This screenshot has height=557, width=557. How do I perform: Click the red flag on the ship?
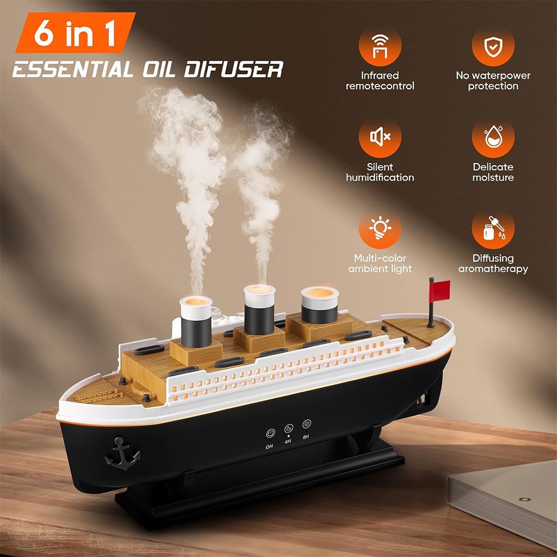coord(440,290)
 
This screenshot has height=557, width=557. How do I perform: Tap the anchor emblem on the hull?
coord(122,453)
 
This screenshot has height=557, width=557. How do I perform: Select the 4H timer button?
coord(289,428)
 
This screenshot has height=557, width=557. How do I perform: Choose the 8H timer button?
coord(307,424)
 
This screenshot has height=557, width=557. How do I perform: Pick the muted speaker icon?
coord(380,138)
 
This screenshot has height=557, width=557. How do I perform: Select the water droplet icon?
coord(493,138)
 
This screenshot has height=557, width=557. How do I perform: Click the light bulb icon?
coord(380,229)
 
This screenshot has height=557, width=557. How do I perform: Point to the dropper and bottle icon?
coord(493,229)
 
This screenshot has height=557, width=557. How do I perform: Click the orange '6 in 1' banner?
coord(76,33)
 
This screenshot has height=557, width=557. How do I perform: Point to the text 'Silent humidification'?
coord(380,172)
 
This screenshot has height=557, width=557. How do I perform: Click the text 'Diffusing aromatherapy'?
coord(493,264)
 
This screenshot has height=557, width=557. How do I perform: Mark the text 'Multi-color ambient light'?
coord(380,264)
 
